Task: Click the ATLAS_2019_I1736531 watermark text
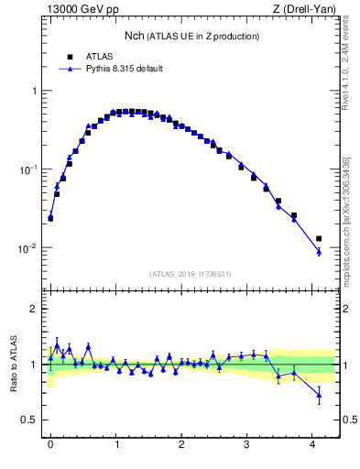click(x=191, y=274)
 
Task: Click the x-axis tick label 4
click(x=313, y=444)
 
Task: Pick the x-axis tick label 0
click(x=50, y=444)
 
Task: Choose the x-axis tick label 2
click(x=181, y=444)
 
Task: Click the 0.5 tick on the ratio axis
click(x=32, y=420)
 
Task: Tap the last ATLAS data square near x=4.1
click(x=319, y=239)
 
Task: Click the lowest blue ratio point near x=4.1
click(x=319, y=396)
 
